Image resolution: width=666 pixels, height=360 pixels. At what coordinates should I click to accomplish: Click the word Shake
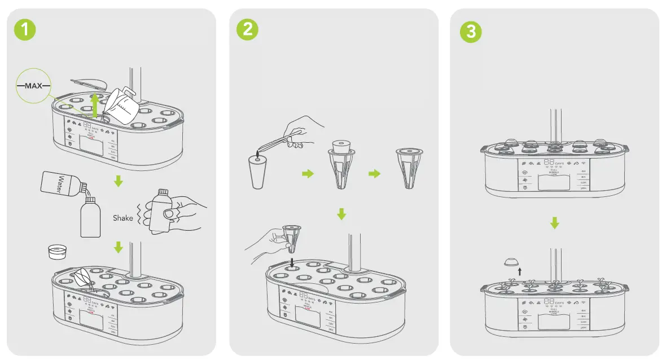coord(122,218)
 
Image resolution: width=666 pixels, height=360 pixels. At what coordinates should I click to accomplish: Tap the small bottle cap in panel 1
coord(58,252)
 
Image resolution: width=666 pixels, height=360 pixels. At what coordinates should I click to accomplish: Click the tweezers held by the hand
coord(282,136)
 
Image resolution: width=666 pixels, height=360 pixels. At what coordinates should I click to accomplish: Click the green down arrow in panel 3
coord(555,223)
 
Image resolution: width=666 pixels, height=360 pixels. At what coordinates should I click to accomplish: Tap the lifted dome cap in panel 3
coord(512,262)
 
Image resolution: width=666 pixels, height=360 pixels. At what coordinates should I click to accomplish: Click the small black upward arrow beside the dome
coord(520,271)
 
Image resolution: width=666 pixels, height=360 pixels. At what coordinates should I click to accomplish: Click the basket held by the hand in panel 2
coord(292,237)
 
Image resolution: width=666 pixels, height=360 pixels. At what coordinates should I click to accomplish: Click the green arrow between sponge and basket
coord(307,174)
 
